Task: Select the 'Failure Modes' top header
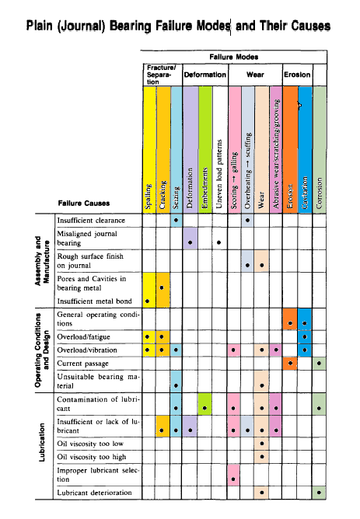[235, 57]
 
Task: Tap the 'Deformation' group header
[204, 75]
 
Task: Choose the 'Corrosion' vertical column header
[319, 148]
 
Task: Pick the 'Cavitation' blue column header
[304, 148]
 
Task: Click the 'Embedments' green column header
[205, 148]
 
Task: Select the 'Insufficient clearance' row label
[92, 221]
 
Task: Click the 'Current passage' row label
[82, 363]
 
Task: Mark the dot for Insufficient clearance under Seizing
[177, 221]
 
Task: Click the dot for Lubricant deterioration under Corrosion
[319, 493]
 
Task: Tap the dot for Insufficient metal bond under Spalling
[149, 300]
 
